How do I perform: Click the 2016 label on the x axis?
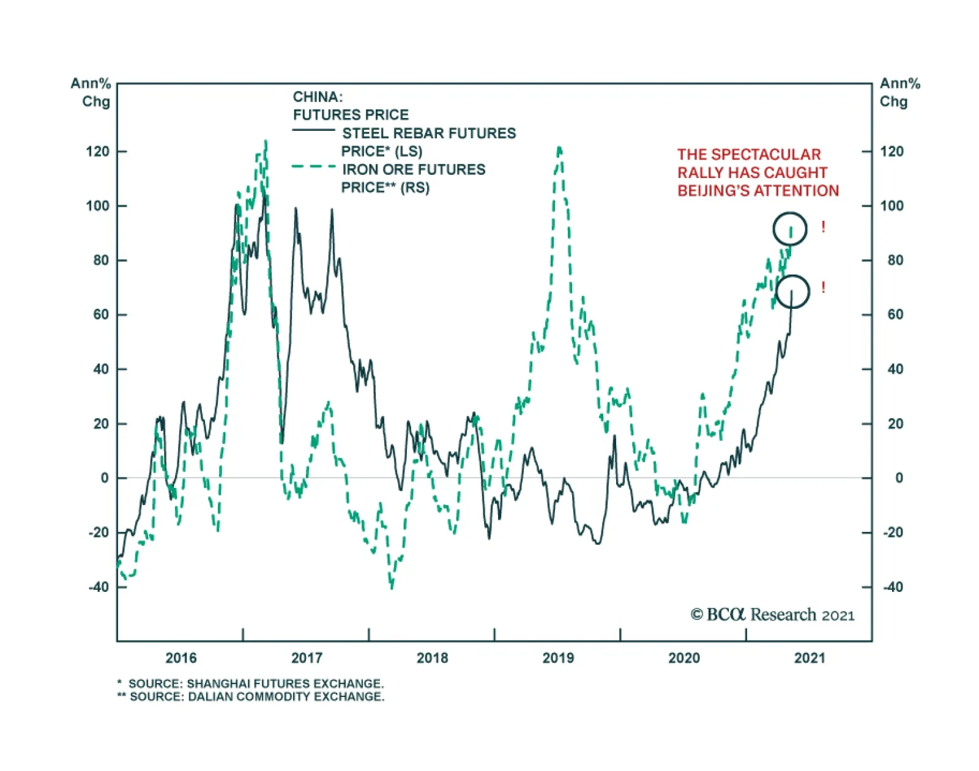(x=181, y=658)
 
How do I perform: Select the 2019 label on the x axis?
(x=558, y=658)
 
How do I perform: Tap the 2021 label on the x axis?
(x=810, y=658)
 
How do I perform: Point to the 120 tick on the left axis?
(x=97, y=152)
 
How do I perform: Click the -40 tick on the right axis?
(x=895, y=587)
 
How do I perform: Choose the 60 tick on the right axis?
(x=895, y=314)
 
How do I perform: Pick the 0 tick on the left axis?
(x=105, y=478)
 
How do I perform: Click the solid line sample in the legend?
(x=313, y=130)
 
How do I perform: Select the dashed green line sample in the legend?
(x=313, y=166)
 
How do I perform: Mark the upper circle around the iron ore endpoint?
(x=790, y=229)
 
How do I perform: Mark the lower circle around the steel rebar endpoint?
(x=792, y=291)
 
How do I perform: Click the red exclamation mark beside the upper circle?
(x=824, y=227)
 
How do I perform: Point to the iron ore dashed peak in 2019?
(x=559, y=148)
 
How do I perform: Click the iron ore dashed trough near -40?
(x=392, y=587)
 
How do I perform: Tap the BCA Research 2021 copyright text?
(x=772, y=614)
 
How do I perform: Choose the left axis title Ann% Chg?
(x=91, y=92)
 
